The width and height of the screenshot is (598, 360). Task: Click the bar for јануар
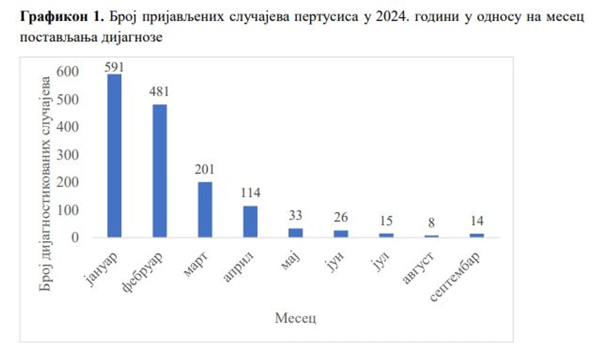[115, 156]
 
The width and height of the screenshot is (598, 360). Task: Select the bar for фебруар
[160, 171]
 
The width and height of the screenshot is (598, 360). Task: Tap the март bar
[205, 210]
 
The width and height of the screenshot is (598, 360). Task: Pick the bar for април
[251, 222]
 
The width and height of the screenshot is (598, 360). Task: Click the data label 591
[115, 67]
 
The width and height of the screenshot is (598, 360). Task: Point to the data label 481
[160, 93]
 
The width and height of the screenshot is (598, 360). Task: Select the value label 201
[205, 170]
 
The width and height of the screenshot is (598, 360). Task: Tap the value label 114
[251, 193]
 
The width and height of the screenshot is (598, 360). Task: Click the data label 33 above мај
[296, 216]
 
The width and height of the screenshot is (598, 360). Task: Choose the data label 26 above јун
[341, 218]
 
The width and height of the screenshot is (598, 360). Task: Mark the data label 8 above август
[432, 223]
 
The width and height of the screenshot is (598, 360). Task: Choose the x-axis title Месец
[296, 317]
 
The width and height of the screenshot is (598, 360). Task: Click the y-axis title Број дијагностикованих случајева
[45, 184]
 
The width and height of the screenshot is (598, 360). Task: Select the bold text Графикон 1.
[62, 17]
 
